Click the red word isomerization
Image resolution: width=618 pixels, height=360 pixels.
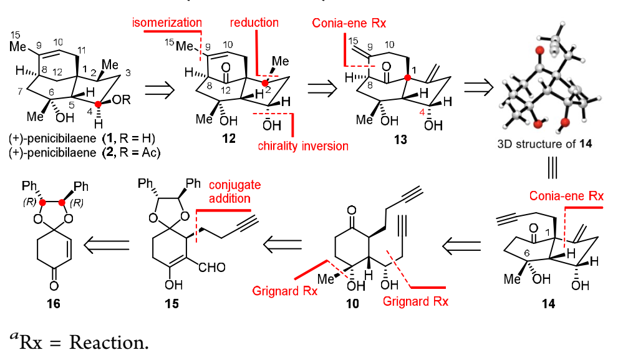(165, 23)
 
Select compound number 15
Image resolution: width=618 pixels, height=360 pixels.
(167, 304)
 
